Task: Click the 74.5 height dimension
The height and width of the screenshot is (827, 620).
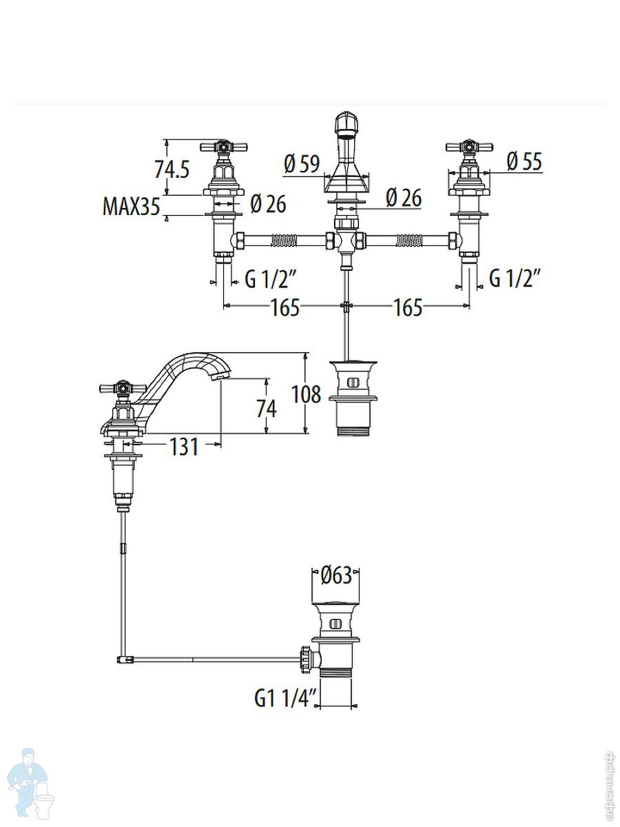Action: (x=172, y=169)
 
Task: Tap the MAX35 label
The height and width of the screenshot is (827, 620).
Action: (x=131, y=206)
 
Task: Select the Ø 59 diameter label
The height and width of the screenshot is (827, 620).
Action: (x=302, y=163)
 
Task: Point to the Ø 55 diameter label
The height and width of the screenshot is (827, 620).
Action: (x=524, y=162)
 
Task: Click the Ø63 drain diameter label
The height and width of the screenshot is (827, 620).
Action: (x=337, y=575)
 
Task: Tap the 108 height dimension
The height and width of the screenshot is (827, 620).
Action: (x=307, y=394)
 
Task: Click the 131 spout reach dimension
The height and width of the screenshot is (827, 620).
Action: (x=184, y=447)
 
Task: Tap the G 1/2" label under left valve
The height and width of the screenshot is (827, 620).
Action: (x=271, y=279)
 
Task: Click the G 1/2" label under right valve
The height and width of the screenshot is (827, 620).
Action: (x=515, y=278)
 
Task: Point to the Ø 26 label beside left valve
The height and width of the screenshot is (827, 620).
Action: (x=268, y=203)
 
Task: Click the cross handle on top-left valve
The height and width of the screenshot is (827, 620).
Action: (x=223, y=147)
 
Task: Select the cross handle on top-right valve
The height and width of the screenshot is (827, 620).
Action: (x=469, y=147)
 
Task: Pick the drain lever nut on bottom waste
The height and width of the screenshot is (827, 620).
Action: (x=307, y=658)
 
